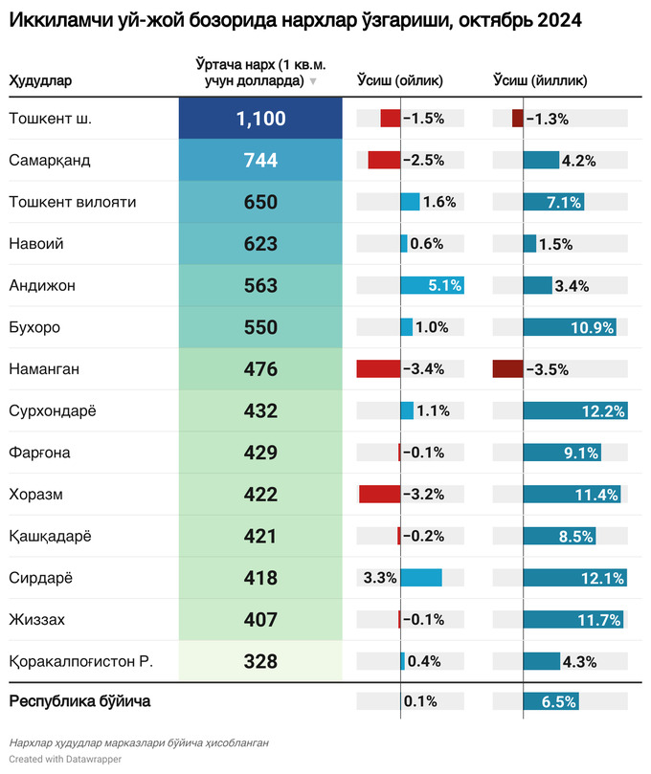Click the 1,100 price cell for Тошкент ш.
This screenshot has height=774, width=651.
point(260,119)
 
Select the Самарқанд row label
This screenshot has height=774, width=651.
point(49,161)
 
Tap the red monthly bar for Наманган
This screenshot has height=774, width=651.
point(378,369)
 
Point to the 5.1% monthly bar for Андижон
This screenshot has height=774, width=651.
point(432,285)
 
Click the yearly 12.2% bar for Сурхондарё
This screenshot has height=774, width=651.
point(574,411)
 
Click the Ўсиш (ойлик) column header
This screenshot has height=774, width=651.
point(399,81)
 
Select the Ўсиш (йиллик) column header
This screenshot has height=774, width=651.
point(539,81)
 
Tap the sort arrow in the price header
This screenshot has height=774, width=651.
point(312,82)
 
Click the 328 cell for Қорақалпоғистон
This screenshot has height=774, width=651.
point(260,661)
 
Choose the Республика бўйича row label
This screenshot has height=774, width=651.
point(79,701)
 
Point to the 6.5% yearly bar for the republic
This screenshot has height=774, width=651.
point(551,701)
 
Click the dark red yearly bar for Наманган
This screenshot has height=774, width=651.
point(507,369)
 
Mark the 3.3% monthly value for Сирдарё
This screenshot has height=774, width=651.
point(380,578)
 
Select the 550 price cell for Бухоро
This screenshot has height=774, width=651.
point(260,327)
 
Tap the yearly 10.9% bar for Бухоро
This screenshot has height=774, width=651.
point(570,327)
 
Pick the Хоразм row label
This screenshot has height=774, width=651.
point(35,495)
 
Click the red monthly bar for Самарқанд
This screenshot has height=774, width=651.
point(384,161)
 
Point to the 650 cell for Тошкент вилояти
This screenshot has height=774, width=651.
point(260,202)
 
